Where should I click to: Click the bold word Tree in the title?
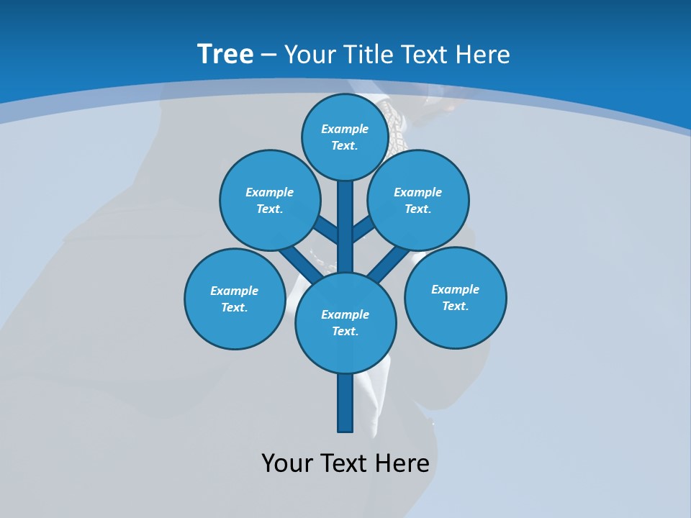click(x=225, y=54)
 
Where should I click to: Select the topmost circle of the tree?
click(x=345, y=137)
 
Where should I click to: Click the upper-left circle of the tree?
click(x=270, y=200)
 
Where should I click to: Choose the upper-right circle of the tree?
click(x=418, y=200)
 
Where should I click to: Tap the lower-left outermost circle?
click(x=235, y=299)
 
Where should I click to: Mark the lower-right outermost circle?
click(x=456, y=297)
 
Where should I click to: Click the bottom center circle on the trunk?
click(x=345, y=322)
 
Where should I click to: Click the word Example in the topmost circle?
click(x=345, y=129)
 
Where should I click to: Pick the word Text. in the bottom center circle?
click(x=345, y=331)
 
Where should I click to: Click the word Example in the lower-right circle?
click(x=455, y=289)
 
